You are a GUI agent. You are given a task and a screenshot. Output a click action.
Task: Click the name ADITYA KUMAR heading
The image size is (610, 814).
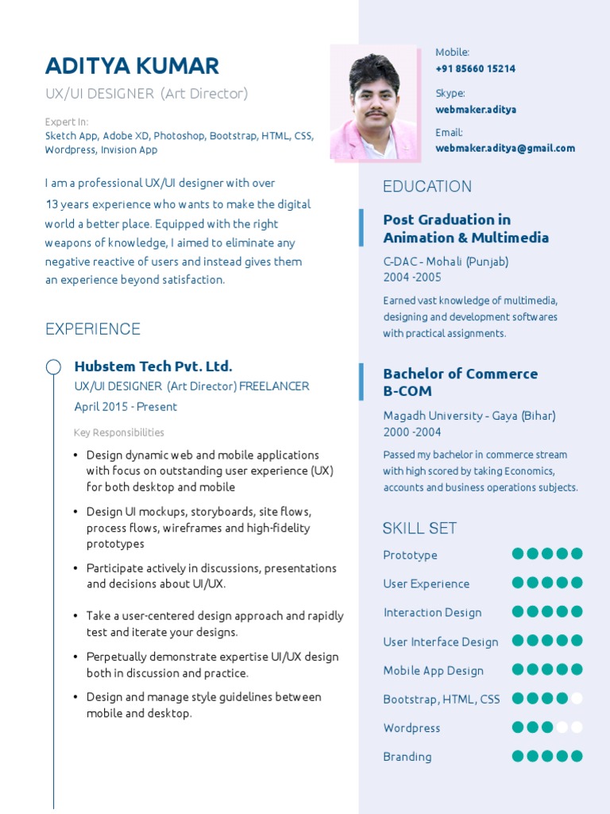click(x=132, y=65)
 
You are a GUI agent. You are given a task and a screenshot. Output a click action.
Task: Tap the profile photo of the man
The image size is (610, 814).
click(x=375, y=103)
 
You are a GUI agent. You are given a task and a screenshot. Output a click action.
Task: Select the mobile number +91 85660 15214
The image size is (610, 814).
click(x=475, y=68)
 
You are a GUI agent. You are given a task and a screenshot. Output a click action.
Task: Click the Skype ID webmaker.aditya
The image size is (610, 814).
click(x=475, y=109)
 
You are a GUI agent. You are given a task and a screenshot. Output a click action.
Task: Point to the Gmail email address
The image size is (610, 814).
click(x=504, y=148)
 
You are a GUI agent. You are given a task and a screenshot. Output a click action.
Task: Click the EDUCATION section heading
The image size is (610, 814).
click(x=427, y=186)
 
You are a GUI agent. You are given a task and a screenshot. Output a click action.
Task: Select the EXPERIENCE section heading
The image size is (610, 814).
click(x=93, y=329)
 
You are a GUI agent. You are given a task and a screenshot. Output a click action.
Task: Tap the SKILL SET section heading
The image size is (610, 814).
click(x=419, y=528)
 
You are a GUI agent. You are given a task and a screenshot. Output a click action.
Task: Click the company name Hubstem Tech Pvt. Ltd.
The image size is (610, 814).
click(x=153, y=366)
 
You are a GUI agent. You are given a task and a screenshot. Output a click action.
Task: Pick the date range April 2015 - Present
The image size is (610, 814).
click(x=125, y=407)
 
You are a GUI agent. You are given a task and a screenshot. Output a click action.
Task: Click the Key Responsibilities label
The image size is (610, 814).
click(x=119, y=432)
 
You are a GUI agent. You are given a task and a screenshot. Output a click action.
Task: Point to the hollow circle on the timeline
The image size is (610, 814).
click(x=53, y=366)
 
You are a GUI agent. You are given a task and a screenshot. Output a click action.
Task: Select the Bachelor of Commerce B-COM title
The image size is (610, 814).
click(x=460, y=382)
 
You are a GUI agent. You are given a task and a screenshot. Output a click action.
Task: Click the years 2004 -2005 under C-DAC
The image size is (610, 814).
click(x=412, y=277)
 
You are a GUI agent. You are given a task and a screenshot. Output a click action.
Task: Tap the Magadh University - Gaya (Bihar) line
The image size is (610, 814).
click(x=469, y=416)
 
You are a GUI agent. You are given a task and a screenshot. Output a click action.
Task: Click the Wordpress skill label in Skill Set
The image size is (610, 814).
click(x=411, y=728)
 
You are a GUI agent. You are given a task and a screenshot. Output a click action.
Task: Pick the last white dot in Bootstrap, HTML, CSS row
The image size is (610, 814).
click(x=577, y=699)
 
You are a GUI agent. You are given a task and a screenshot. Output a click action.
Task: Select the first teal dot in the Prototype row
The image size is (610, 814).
click(x=518, y=554)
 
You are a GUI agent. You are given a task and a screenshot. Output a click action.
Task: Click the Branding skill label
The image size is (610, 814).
click(x=407, y=757)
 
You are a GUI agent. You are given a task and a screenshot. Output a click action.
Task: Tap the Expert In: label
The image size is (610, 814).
click(x=67, y=122)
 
